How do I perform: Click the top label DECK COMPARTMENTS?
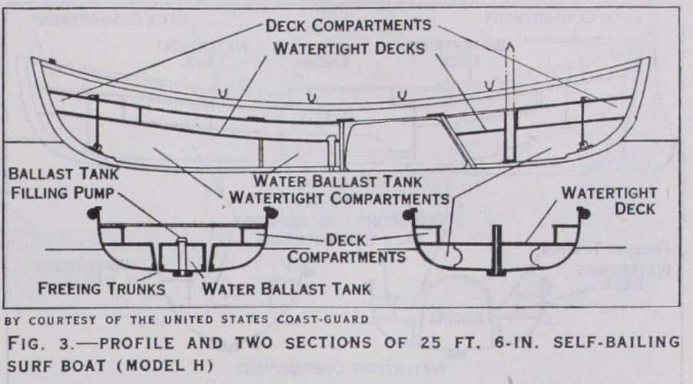(x=348, y=25)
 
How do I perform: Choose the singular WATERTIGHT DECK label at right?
(x=606, y=200)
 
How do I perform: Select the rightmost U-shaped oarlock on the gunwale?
(x=401, y=95)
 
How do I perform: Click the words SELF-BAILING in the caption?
(x=599, y=341)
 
